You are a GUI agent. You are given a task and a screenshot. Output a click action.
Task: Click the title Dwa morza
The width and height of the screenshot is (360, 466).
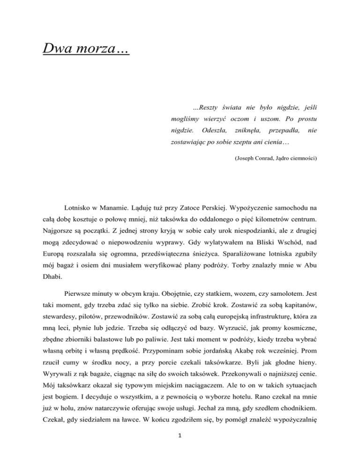85,48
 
